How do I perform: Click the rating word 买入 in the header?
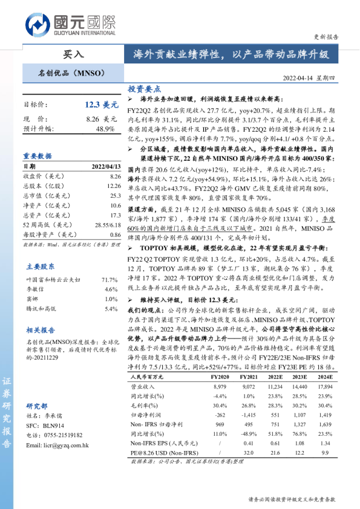pos(74,54)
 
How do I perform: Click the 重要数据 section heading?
pos(38,155)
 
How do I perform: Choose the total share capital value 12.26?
pos(115,186)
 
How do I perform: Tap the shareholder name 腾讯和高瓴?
pos(41,308)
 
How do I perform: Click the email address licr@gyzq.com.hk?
pos(57,446)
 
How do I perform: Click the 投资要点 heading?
pos(144,88)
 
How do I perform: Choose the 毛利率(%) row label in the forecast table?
pos(146,406)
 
